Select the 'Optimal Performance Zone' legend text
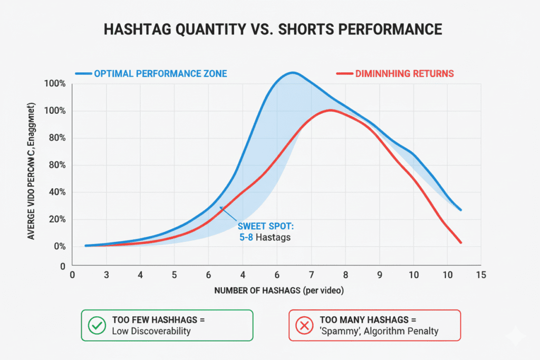click(160, 74)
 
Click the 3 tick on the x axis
click(107, 275)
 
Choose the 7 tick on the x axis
click(312, 275)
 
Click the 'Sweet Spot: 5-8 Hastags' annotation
click(264, 232)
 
